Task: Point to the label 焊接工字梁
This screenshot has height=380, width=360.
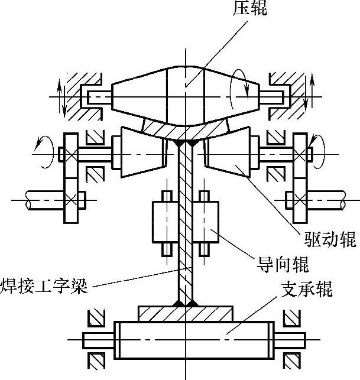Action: tap(44, 287)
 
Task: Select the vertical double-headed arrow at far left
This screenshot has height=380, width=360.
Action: tap(60, 95)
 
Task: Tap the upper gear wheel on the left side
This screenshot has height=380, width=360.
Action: tap(69, 155)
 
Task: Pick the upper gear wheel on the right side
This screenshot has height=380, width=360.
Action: tap(301, 155)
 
